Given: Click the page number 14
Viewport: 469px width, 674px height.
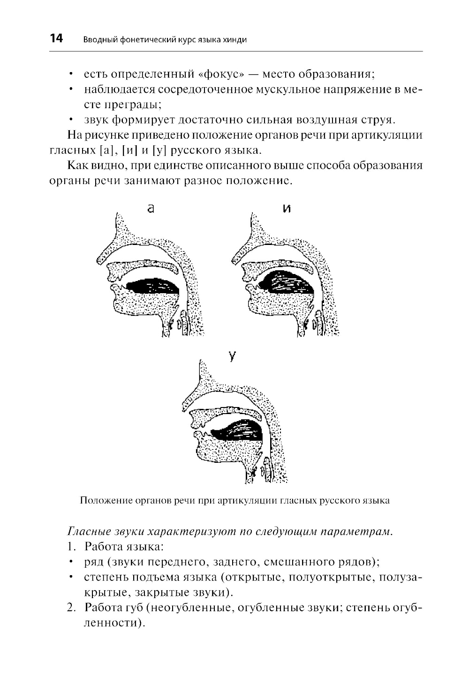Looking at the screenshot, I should (56, 38).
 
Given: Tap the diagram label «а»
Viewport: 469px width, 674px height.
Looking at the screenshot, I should (151, 209).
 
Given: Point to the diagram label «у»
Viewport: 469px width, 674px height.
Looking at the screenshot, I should (231, 356).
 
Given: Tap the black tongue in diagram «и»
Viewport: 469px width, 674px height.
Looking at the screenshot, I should (286, 284).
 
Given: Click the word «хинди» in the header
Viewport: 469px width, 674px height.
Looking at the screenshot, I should (236, 40).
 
